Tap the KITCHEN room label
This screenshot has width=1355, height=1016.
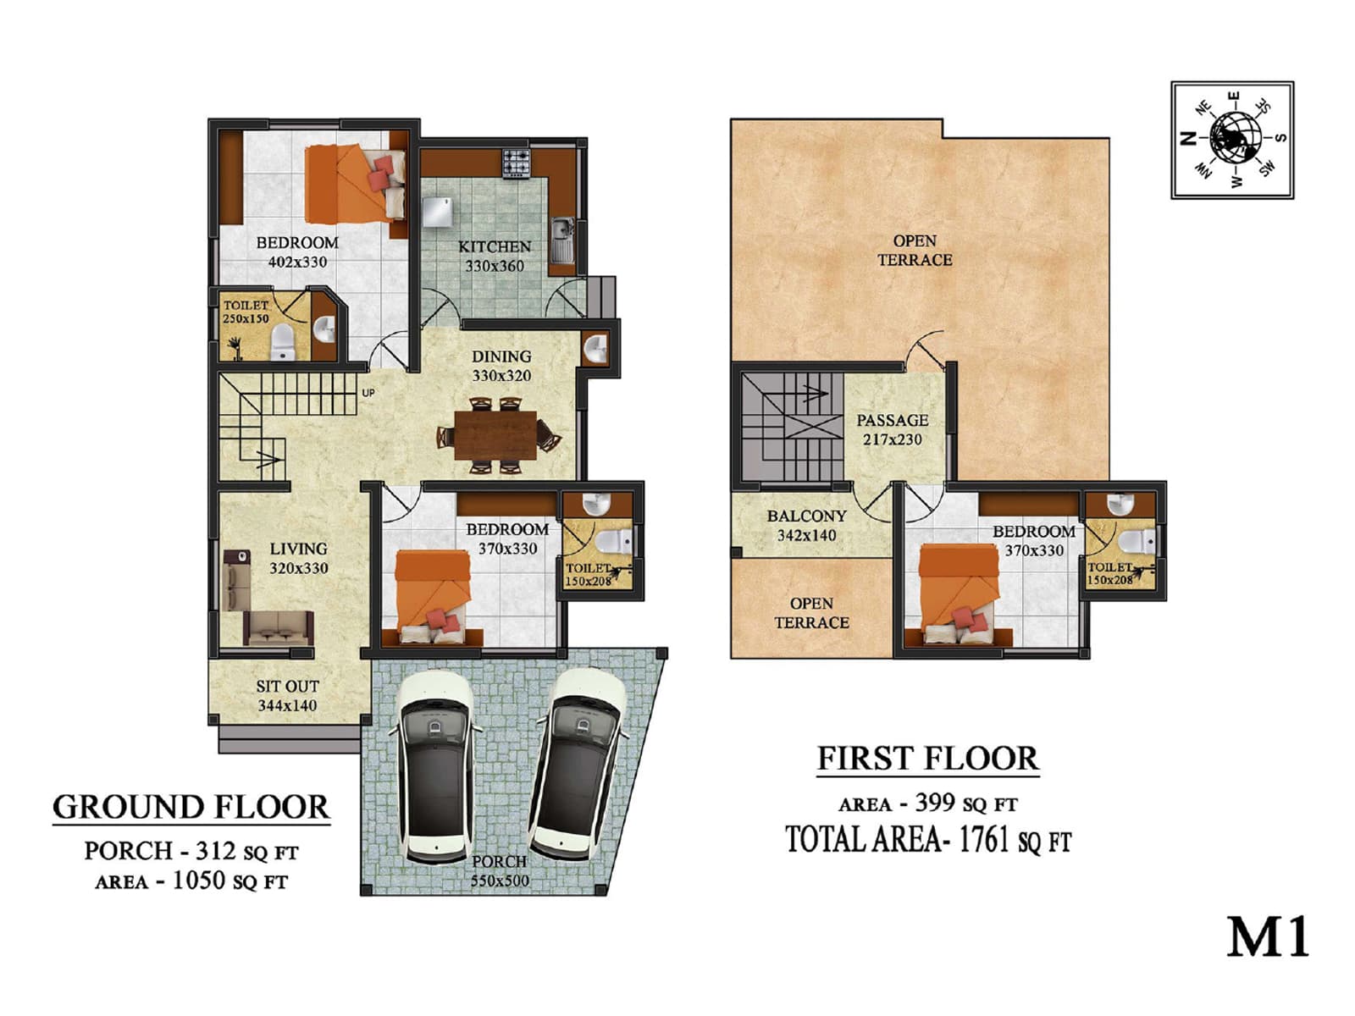coord(495,246)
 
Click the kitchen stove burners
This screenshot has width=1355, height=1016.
coord(516,162)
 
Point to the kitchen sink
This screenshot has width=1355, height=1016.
coord(561,239)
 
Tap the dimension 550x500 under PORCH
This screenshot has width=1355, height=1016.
coord(500,881)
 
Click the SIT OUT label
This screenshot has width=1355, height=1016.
coord(287,687)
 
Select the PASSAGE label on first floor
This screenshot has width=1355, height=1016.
coord(892,420)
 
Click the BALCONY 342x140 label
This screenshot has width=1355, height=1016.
coord(806,525)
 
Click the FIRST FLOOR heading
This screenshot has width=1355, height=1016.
coord(927,759)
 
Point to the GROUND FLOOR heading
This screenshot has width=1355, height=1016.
coord(191,808)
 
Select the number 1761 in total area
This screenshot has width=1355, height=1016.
coord(984,840)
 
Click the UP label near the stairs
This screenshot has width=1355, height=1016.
coord(368,393)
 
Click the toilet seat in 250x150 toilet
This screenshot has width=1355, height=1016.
coord(282,342)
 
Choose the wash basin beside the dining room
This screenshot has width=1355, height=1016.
coord(595,347)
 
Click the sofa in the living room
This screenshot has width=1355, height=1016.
coord(278,627)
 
